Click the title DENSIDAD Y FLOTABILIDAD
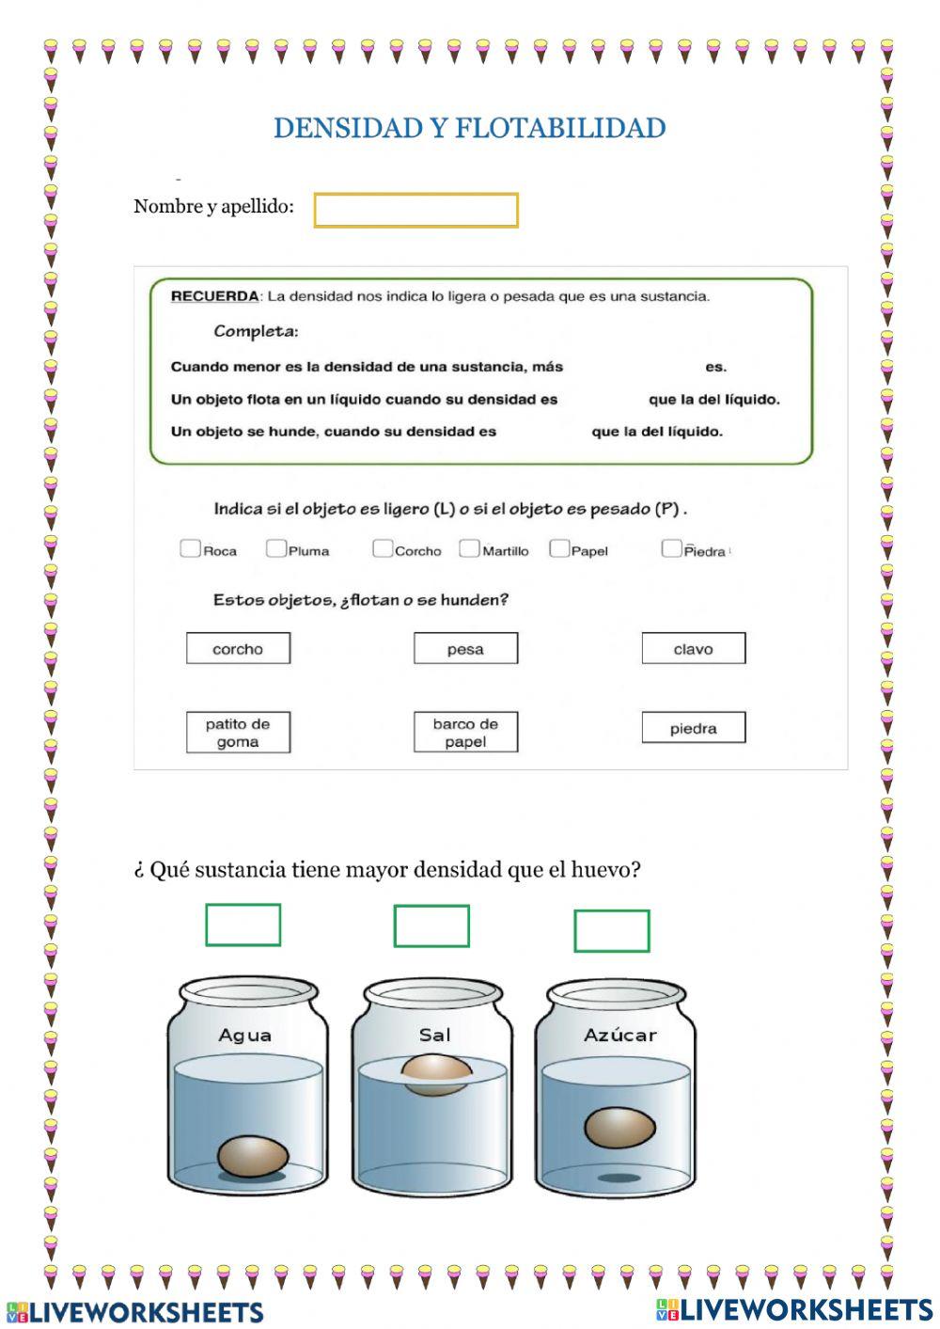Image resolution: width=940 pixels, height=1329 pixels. pyautogui.click(x=469, y=128)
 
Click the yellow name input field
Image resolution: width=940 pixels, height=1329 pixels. pyautogui.click(x=415, y=210)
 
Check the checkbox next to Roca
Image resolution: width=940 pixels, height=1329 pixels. pyautogui.click(x=190, y=548)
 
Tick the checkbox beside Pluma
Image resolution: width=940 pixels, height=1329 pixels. pyautogui.click(x=275, y=548)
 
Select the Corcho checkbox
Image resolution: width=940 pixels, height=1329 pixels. pyautogui.click(x=382, y=548)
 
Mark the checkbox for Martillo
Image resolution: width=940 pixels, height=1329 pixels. pyautogui.click(x=469, y=548)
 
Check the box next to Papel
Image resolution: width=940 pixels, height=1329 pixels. pyautogui.click(x=559, y=548)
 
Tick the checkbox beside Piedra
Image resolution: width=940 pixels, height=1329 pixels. pyautogui.click(x=671, y=548)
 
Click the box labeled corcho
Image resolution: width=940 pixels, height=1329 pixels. pyautogui.click(x=238, y=648)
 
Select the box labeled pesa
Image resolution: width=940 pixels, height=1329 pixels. pyautogui.click(x=465, y=648)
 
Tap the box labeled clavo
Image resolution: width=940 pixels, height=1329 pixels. pyautogui.click(x=694, y=648)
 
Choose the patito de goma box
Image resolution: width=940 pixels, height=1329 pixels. pyautogui.click(x=238, y=733)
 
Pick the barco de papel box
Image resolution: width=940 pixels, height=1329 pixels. pyautogui.click(x=465, y=732)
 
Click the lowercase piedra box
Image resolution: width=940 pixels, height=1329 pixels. pyautogui.click(x=694, y=728)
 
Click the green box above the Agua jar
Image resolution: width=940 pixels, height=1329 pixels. pyautogui.click(x=243, y=925)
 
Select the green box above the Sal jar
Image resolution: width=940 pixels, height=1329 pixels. pyautogui.click(x=431, y=926)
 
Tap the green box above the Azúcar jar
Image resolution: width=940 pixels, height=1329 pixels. pyautogui.click(x=612, y=931)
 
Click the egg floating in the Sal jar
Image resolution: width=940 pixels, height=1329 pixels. pyautogui.click(x=436, y=1074)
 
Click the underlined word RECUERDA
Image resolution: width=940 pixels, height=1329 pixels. pyautogui.click(x=214, y=296)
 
